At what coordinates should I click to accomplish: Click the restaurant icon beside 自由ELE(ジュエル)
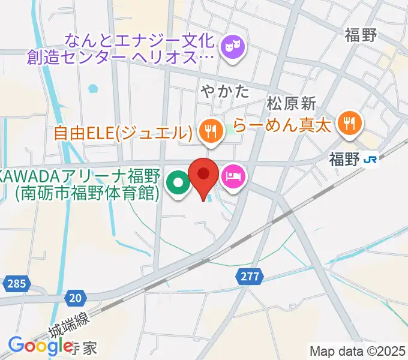[209, 130]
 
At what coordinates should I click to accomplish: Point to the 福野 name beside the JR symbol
[344, 160]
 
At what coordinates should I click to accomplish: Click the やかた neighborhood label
[224, 92]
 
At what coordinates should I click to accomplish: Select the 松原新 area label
[292, 103]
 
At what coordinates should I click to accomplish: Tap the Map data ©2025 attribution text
[358, 350]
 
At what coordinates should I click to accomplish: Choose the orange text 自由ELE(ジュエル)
[123, 132]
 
